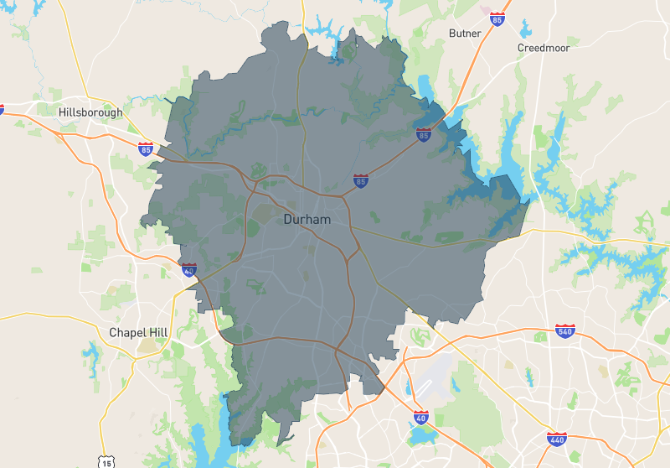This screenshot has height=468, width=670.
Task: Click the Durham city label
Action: coord(307,220)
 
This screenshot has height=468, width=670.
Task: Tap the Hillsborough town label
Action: coord(90,112)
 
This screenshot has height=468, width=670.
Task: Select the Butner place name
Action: coord(465,34)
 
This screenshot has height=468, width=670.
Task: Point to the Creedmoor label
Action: coord(544,48)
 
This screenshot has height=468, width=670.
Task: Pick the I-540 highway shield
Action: coord(564,331)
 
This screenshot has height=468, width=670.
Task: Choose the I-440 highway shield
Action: coord(555,439)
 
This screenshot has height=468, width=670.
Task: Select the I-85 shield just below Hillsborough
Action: coord(147,149)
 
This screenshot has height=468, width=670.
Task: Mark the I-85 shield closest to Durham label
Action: coord(361,180)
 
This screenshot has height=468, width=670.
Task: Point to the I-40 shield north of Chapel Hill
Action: coord(189,269)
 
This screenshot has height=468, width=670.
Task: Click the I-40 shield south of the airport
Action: coord(420,417)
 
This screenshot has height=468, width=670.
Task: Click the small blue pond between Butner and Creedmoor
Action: coord(525,31)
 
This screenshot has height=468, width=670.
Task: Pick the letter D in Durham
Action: coord(288,220)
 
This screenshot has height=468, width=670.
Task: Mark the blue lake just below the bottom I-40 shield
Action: coord(424,435)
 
